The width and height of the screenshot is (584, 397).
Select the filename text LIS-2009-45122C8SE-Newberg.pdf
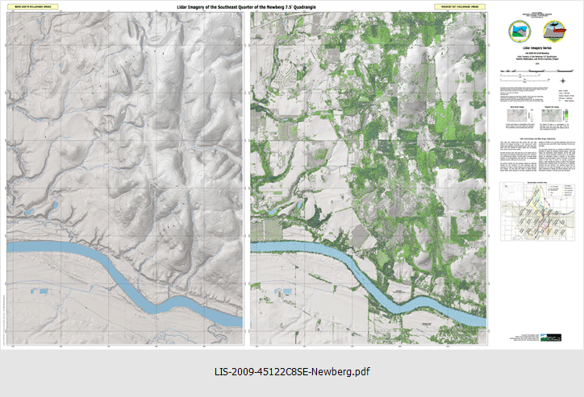pos(292,371)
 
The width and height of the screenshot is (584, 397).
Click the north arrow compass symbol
pos(562,79)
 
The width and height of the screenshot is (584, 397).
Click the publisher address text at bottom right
pos(524,338)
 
